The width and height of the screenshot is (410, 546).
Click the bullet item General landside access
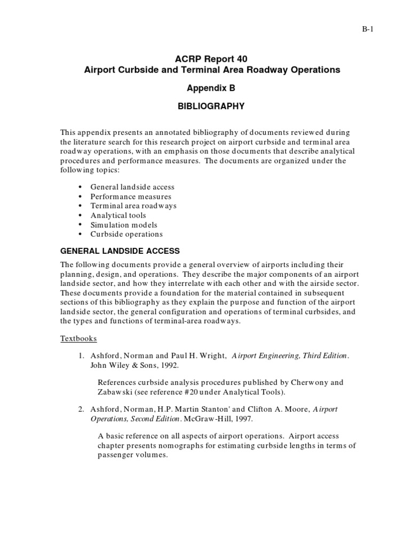pyautogui.click(x=132, y=187)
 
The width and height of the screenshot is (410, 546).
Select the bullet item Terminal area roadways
pyautogui.click(x=133, y=206)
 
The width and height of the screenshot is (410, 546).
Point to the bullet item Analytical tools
pyautogui.click(x=118, y=215)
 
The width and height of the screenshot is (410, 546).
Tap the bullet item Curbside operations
pyautogui.click(x=127, y=234)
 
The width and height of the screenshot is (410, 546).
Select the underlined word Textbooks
pyautogui.click(x=78, y=339)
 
